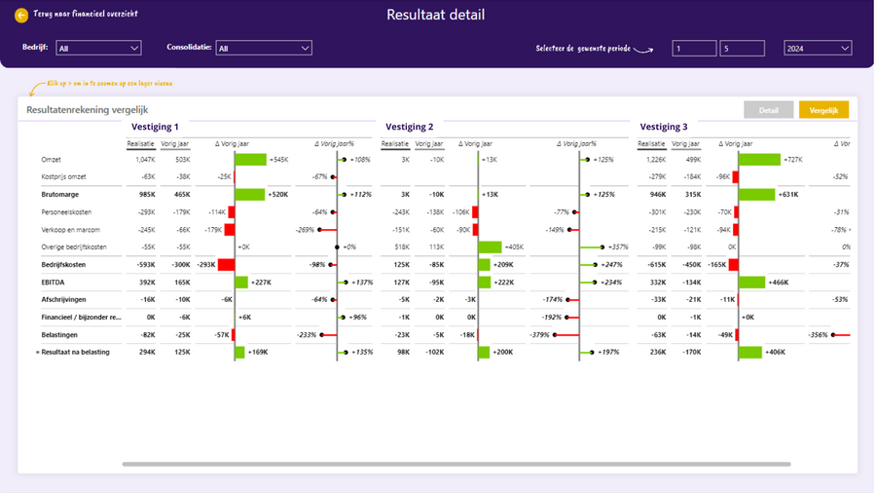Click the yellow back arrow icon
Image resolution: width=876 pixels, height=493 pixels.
(21, 16)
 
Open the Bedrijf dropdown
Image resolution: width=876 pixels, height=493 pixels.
(98, 48)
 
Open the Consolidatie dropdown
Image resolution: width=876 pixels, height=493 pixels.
(264, 48)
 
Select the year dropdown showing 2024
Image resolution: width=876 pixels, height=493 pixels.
(818, 48)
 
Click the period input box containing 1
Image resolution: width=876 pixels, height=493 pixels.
(694, 48)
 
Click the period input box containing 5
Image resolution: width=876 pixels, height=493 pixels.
(742, 48)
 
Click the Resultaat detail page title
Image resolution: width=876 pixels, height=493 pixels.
(435, 15)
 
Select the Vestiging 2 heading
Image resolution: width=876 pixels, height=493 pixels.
(410, 127)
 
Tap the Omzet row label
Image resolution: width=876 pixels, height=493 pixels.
(52, 160)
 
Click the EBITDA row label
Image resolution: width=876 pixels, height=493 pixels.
(55, 283)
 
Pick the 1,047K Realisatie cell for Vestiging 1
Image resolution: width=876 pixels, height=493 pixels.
(145, 160)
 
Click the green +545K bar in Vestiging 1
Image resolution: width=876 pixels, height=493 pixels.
(250, 160)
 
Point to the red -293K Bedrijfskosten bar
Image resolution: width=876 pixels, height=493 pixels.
(226, 265)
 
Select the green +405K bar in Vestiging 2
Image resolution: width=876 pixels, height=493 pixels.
(490, 247)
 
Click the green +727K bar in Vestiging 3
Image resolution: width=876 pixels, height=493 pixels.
(759, 160)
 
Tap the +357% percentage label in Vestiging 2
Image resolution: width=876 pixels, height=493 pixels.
(619, 247)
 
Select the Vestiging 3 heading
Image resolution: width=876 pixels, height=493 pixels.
(664, 127)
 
